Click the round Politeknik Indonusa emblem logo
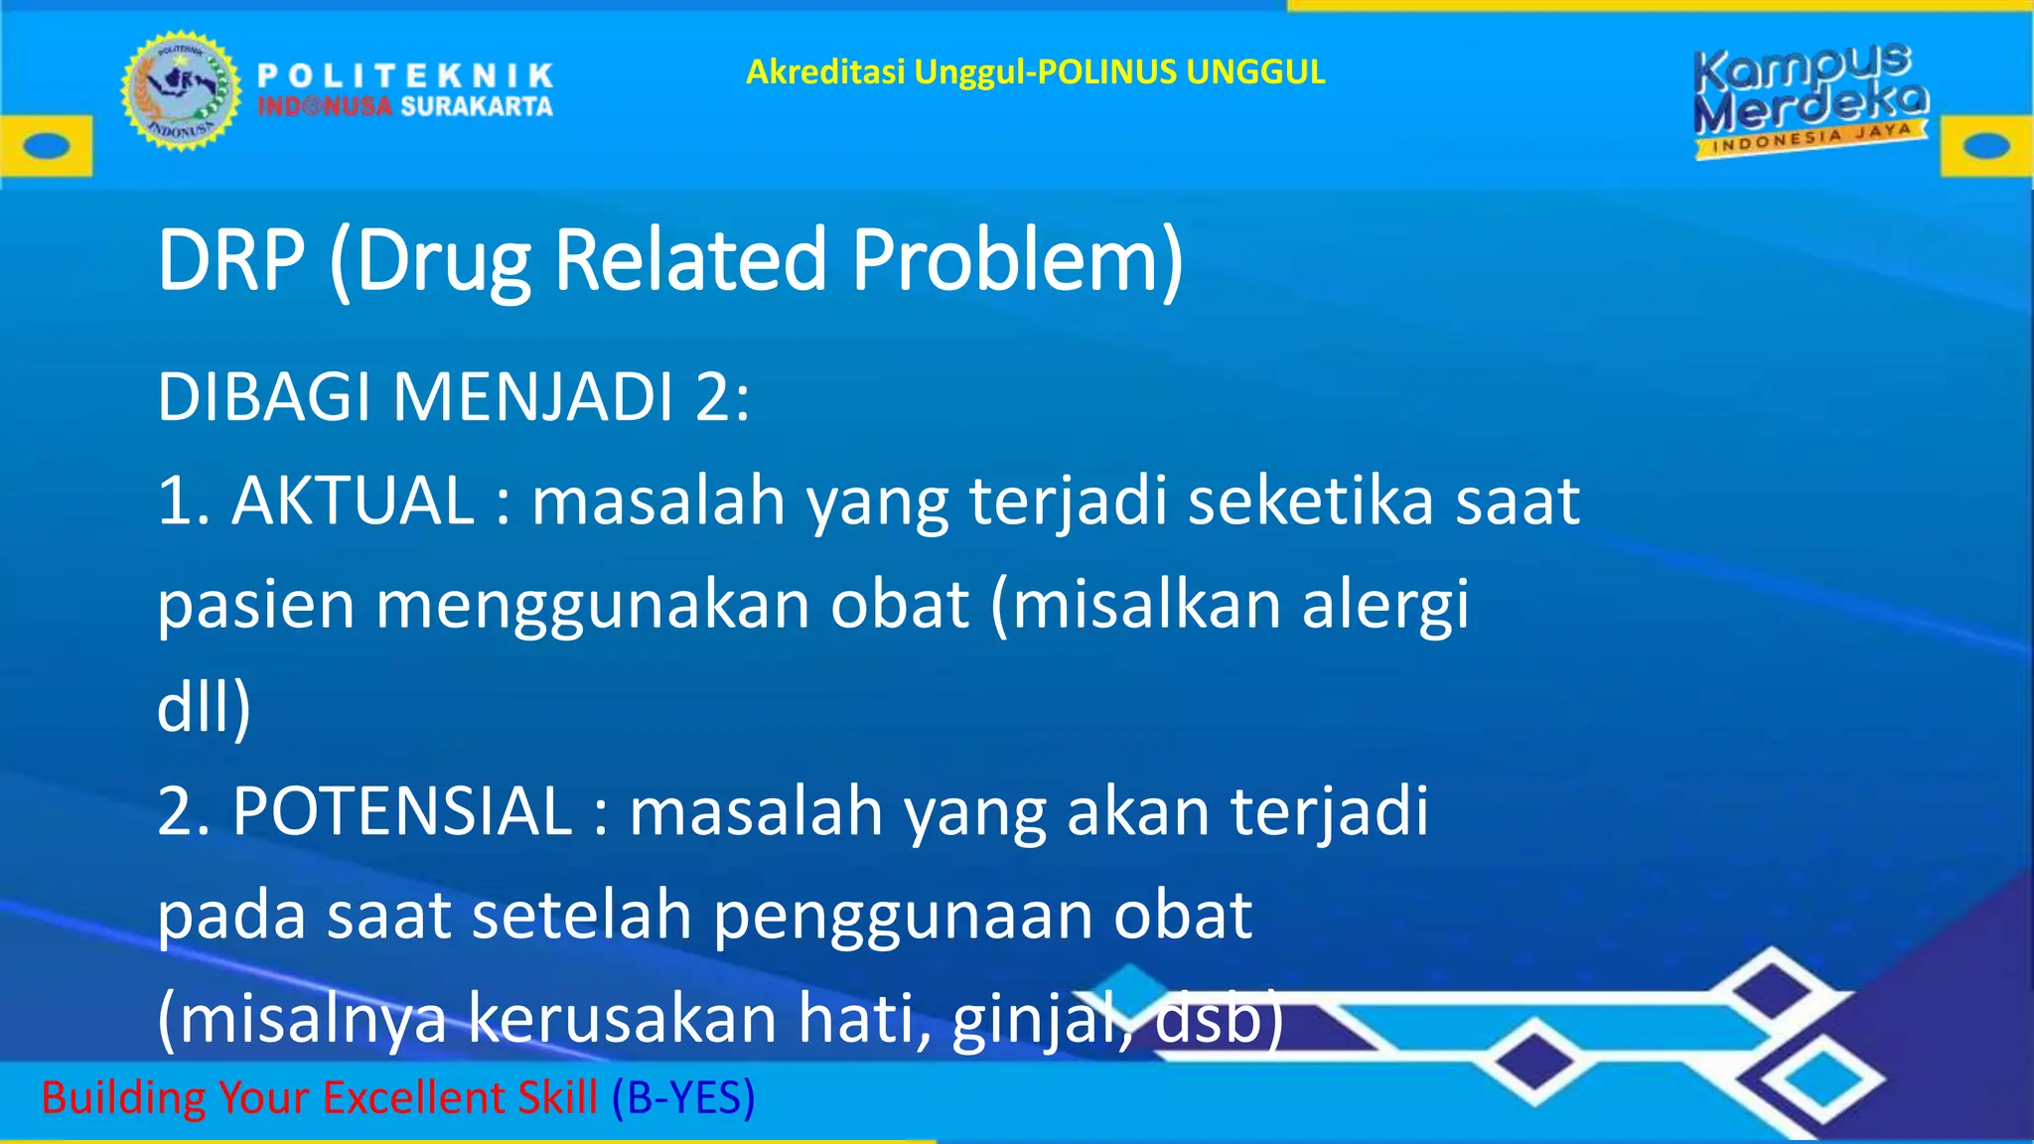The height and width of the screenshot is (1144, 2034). click(x=181, y=90)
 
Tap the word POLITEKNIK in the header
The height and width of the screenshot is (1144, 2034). click(x=405, y=75)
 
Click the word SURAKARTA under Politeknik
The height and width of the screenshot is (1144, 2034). click(x=477, y=107)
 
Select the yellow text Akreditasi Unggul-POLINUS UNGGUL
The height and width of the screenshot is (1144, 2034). click(x=1035, y=72)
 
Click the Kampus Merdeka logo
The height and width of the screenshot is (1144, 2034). click(x=1810, y=100)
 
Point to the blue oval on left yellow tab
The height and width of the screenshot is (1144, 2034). click(x=46, y=146)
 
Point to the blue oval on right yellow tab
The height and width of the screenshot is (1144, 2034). click(x=1987, y=146)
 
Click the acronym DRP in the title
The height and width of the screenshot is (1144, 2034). click(x=230, y=260)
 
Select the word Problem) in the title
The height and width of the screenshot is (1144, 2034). click(x=1017, y=260)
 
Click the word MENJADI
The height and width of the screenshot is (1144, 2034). click(x=533, y=397)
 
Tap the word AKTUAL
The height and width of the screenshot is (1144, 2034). click(x=353, y=500)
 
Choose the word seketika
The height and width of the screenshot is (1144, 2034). click(x=1311, y=500)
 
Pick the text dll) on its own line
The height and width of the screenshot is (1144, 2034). click(x=204, y=707)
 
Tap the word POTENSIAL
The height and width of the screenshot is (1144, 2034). click(x=402, y=812)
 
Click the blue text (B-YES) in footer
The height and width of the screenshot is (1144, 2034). click(x=683, y=1098)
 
